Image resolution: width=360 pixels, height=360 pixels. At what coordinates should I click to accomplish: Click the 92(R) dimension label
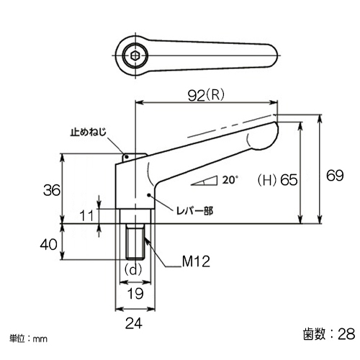click(x=206, y=95)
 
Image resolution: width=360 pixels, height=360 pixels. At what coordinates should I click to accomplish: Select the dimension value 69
click(x=335, y=176)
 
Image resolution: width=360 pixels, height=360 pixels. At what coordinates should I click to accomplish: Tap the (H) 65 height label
click(x=277, y=180)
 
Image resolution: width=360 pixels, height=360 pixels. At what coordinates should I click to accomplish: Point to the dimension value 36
click(x=52, y=190)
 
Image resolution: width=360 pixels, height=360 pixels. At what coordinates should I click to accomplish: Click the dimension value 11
click(x=87, y=215)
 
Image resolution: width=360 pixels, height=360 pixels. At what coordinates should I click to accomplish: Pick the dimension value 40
click(x=49, y=245)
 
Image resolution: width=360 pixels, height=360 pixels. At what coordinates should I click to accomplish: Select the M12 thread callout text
click(x=196, y=261)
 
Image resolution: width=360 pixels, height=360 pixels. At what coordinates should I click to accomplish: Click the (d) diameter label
click(x=133, y=270)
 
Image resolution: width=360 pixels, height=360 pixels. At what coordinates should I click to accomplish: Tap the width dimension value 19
click(x=135, y=293)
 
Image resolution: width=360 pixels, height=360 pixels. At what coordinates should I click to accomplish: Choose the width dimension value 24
click(x=134, y=323)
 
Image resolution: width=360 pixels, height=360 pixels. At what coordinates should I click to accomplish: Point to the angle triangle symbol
click(x=204, y=181)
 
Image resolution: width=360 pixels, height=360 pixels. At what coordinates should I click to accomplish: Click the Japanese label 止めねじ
click(x=89, y=132)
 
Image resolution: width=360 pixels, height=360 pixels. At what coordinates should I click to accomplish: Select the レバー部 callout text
click(x=194, y=211)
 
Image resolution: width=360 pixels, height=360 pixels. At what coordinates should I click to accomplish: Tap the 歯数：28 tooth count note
click(x=329, y=333)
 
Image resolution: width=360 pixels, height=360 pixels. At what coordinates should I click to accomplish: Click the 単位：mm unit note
click(x=28, y=339)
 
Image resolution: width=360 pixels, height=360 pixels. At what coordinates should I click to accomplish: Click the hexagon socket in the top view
click(x=135, y=55)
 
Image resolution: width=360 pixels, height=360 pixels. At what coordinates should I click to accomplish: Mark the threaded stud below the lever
click(x=135, y=242)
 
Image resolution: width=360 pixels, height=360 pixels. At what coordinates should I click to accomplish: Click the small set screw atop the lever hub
click(x=127, y=158)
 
